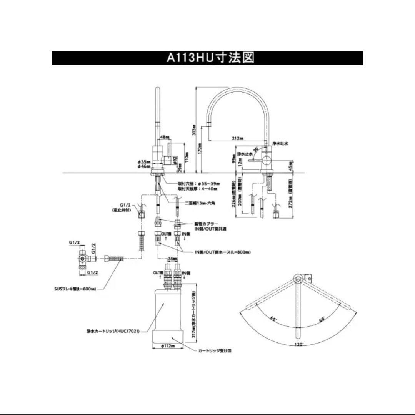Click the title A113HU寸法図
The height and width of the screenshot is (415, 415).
pos(210,58)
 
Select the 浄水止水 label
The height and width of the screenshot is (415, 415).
pos(244,154)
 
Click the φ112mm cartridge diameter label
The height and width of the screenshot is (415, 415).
pos(168,346)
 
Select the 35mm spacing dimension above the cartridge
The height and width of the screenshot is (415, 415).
pos(172,259)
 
